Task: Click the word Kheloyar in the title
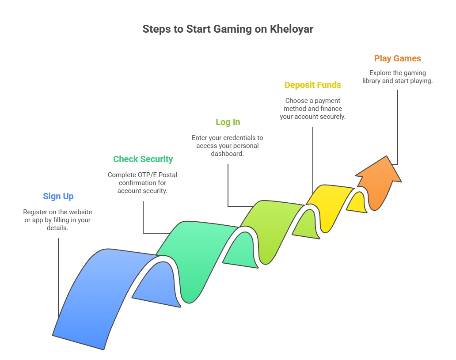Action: [291, 29]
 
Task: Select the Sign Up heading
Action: [58, 196]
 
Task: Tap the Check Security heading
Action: [143, 159]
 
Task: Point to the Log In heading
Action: [228, 122]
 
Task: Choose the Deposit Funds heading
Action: [313, 85]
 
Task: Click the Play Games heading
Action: [398, 58]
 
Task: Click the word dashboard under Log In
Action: [228, 154]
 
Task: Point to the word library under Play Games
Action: [371, 81]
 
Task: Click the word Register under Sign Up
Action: [35, 212]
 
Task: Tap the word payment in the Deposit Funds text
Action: [327, 101]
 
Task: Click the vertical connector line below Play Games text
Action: [398, 127]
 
